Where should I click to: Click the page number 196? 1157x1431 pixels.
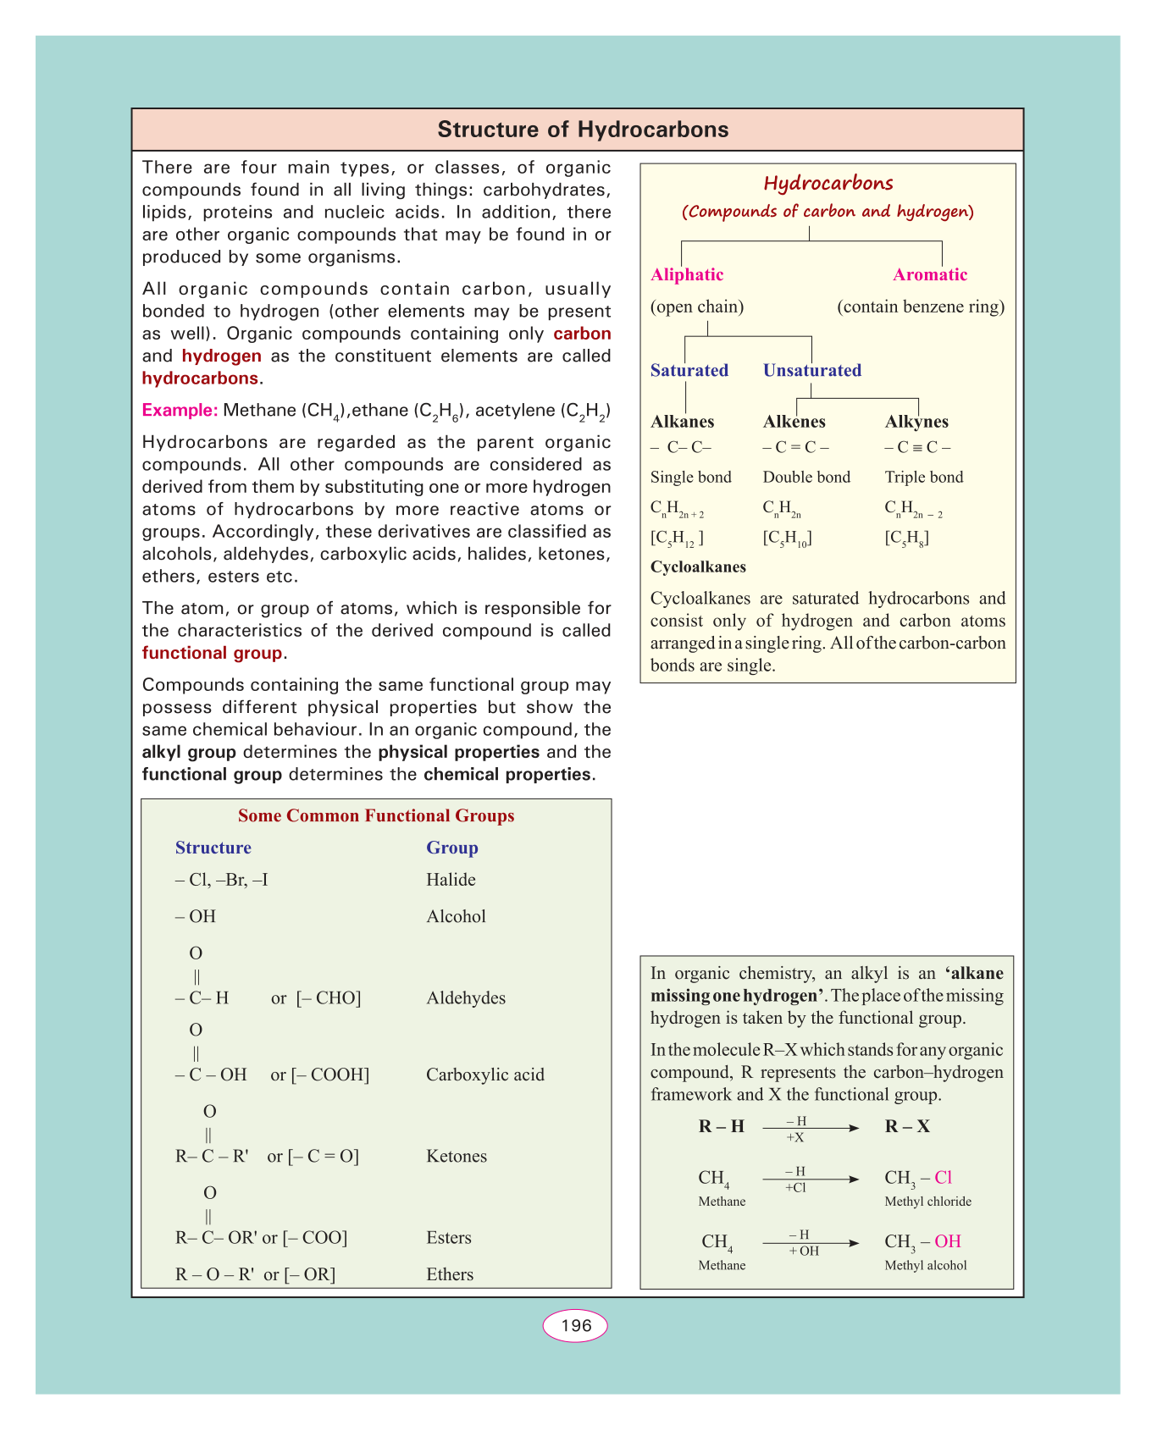(576, 1326)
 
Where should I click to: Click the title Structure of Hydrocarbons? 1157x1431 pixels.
(583, 130)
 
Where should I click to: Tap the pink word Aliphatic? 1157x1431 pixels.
(687, 274)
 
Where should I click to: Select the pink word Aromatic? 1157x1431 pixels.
(930, 274)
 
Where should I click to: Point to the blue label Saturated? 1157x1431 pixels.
(689, 370)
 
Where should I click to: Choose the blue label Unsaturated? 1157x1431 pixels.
(812, 370)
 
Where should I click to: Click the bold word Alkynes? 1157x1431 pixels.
(916, 422)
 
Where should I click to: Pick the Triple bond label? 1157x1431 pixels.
(924, 477)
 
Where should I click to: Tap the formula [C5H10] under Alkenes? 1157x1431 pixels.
(787, 539)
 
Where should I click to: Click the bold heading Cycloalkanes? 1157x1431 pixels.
(698, 566)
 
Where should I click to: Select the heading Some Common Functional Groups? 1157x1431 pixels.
(376, 815)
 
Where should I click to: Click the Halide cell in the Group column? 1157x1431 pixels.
(451, 880)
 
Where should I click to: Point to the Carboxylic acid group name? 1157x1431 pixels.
(485, 1075)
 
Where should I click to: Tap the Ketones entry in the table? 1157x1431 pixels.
(457, 1156)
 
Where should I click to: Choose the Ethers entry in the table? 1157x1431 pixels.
(450, 1274)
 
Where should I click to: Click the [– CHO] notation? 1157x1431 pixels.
(329, 998)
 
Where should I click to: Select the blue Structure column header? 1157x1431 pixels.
(213, 848)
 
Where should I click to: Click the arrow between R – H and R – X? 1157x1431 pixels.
(810, 1128)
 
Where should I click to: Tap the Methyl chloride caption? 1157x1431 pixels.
(927, 1202)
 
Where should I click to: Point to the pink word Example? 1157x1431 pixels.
(180, 411)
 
